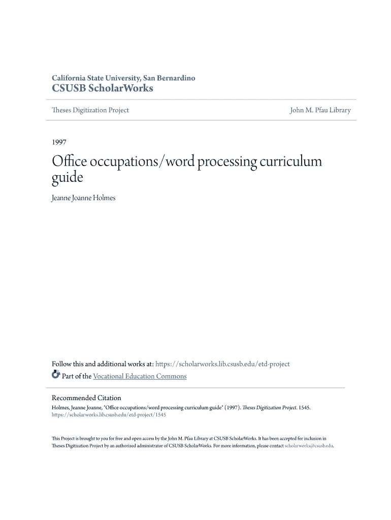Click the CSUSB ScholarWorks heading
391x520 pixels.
click(x=103, y=88)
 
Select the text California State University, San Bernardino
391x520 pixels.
click(x=123, y=78)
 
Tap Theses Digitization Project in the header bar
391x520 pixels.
click(x=90, y=110)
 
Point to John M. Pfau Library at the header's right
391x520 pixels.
click(x=320, y=110)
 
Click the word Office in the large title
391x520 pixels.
click(x=70, y=162)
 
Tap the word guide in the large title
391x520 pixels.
click(x=67, y=178)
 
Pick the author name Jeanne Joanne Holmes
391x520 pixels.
click(x=84, y=198)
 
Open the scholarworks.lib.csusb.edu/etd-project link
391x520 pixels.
click(x=222, y=364)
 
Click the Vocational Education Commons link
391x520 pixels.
click(x=140, y=376)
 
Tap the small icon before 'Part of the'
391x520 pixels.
click(x=56, y=376)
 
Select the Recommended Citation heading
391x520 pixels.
click(x=86, y=398)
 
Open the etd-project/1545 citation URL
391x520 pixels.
click(x=109, y=415)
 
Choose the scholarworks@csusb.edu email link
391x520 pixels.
click(x=309, y=446)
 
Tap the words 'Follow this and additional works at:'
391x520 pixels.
click(x=103, y=364)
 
